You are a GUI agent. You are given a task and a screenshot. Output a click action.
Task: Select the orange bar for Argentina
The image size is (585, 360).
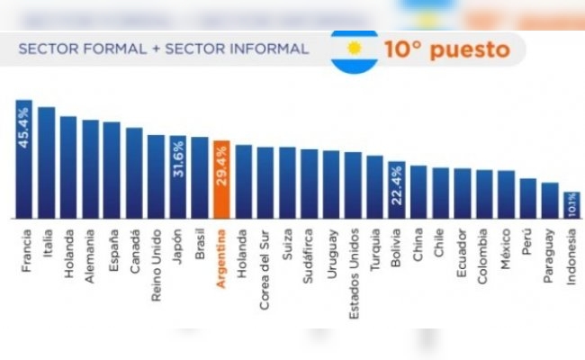pos(220,180)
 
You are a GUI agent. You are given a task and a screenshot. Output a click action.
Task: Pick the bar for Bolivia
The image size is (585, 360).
pos(396,191)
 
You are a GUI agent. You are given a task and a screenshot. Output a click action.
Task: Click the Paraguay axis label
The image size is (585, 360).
pos(550,258)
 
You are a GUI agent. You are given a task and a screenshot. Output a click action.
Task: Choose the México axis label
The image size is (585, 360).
pos(507,251)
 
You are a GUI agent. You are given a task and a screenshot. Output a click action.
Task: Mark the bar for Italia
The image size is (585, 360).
pos(46,163)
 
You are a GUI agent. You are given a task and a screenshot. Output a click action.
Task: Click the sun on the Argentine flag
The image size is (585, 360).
pos(354,48)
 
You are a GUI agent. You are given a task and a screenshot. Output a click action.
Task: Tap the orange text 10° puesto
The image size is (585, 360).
pos(441,49)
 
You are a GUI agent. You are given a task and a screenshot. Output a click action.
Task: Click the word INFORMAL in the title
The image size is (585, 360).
pos(266,49)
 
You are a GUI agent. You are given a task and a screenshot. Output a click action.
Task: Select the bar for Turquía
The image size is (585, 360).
pos(374,187)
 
